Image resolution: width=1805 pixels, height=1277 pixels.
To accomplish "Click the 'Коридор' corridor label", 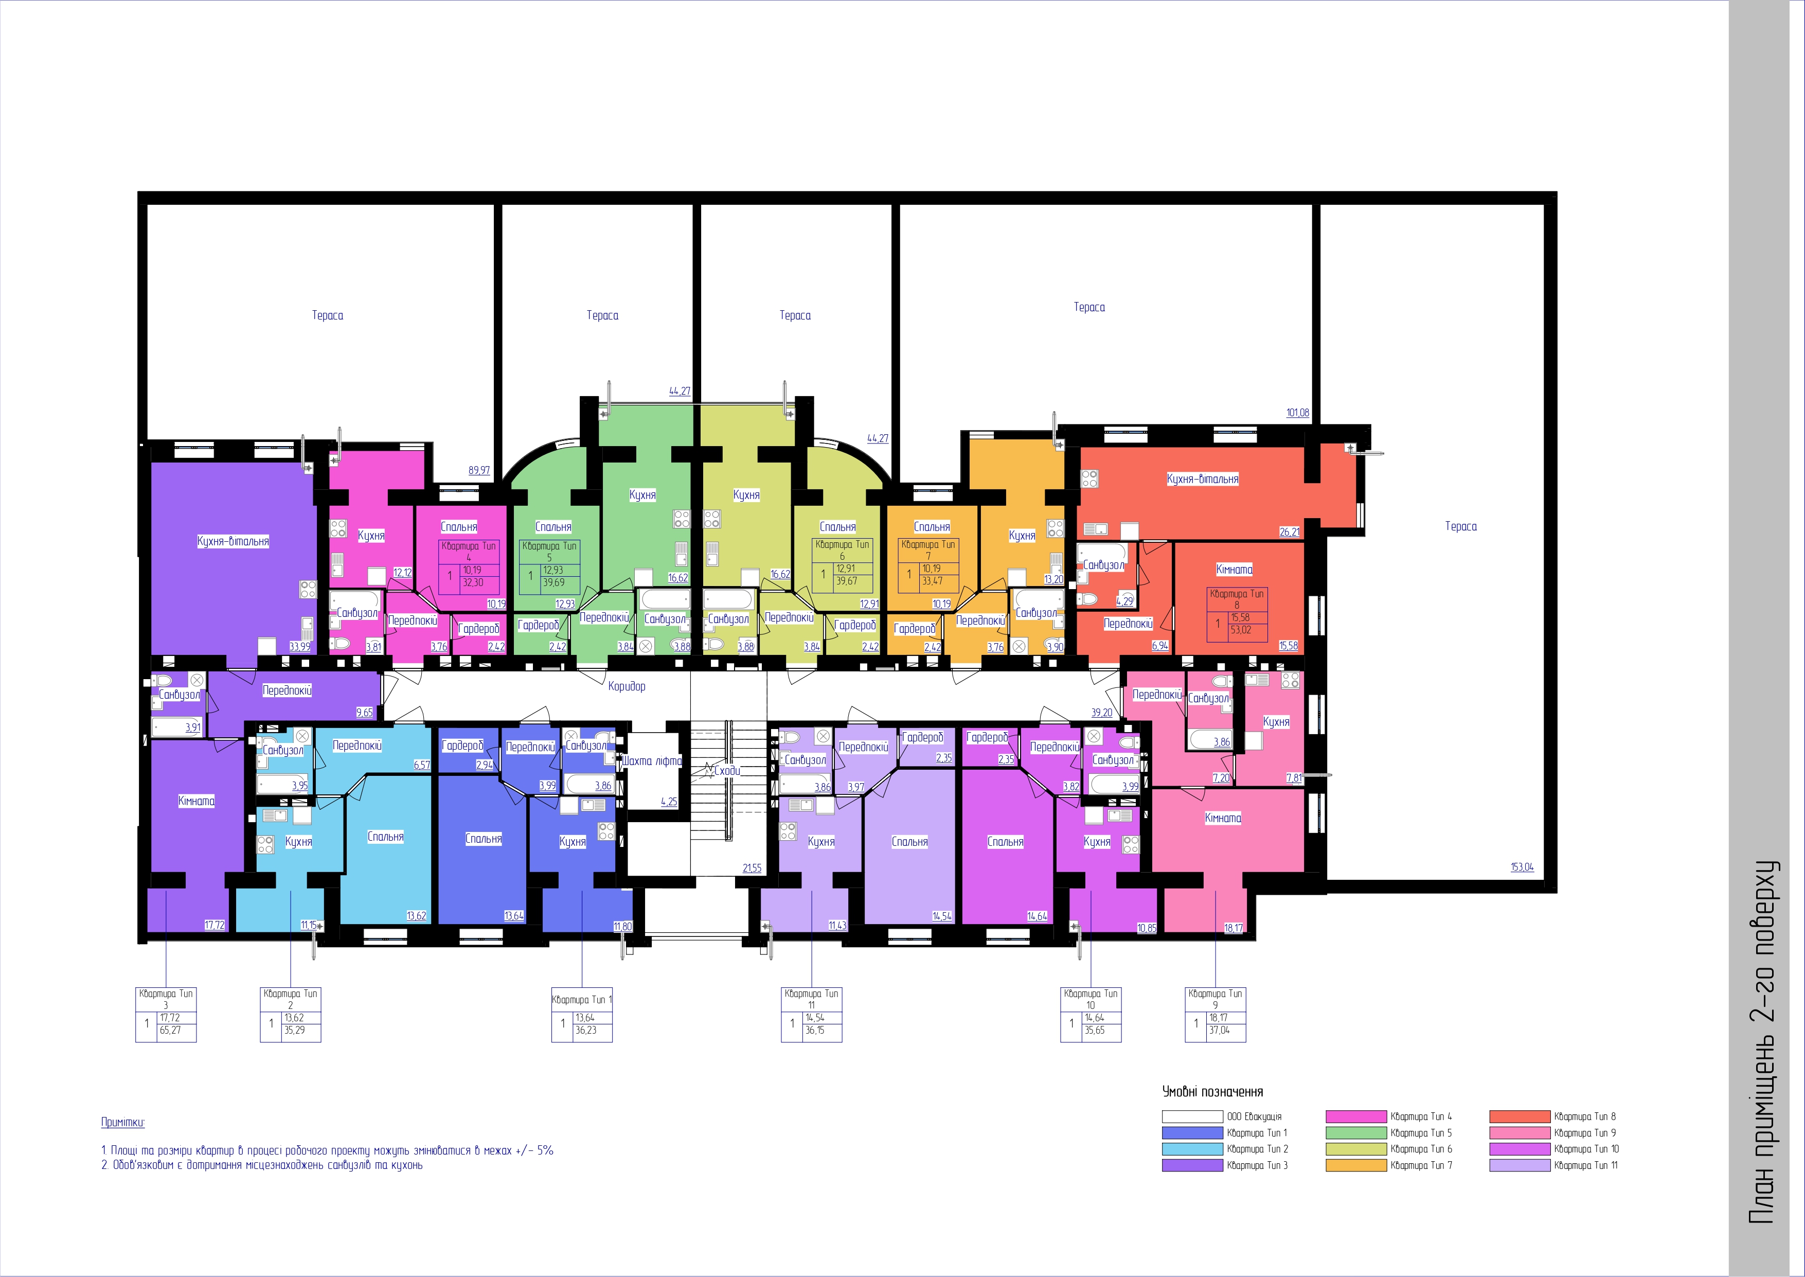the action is pos(627,686).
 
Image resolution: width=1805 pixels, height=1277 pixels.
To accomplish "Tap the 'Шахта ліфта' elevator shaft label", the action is pos(652,761).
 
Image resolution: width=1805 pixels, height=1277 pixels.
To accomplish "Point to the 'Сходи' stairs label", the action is pos(727,771).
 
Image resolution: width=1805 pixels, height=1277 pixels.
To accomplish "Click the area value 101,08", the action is pos(1298,413).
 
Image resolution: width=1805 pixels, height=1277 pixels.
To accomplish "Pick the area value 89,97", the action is pos(479,471).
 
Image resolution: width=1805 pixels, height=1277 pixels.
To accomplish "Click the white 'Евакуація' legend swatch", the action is pos(1192,1116).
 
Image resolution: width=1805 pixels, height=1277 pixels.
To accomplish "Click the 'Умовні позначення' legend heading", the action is pos(1213,1091).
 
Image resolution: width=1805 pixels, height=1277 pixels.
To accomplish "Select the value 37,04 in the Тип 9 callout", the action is pos(1219,1030).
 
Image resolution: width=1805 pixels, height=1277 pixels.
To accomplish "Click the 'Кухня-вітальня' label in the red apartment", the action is pos(1203,479).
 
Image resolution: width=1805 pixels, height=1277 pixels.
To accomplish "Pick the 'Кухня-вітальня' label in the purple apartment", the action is pos(233,541).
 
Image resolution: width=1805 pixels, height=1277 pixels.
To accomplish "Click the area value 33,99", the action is pos(299,646).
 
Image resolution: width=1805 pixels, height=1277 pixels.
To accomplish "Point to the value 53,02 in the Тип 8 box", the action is pos(1241,630).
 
